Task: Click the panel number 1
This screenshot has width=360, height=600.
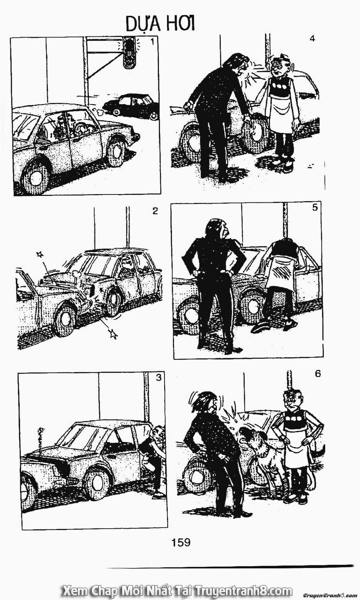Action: click(152, 42)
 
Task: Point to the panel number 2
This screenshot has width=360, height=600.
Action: click(155, 211)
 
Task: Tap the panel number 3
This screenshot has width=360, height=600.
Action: click(159, 377)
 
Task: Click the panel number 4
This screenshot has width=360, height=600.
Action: click(312, 39)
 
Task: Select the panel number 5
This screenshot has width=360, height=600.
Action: click(315, 207)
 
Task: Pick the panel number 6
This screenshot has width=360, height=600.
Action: click(318, 373)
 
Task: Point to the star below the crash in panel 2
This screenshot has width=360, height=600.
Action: click(113, 334)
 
